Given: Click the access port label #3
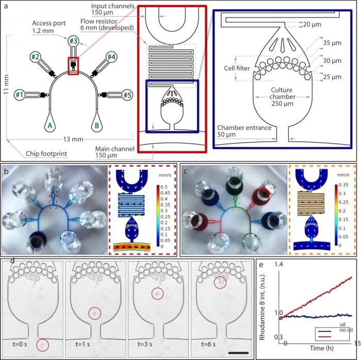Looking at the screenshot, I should click(x=74, y=41).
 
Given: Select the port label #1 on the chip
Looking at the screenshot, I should click(x=20, y=94).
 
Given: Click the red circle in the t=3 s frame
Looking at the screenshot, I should click(x=158, y=293).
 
